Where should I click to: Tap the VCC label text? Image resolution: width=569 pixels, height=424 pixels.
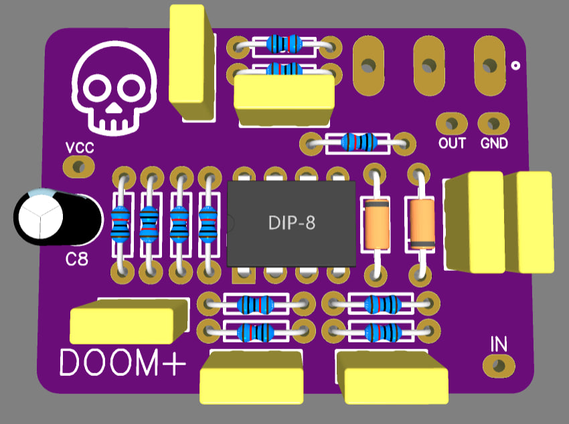pos(80,147)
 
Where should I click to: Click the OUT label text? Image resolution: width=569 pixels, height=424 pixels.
pos(452,143)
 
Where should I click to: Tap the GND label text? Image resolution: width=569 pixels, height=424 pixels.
pos(494,143)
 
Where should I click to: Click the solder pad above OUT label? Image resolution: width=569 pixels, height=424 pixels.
pos(451,124)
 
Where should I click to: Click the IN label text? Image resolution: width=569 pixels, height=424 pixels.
pos(499,344)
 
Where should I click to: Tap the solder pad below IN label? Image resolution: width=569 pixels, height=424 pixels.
pos(498,365)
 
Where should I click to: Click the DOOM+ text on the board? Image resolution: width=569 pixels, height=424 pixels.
pos(122,363)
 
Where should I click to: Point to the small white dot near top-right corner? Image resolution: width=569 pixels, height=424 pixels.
pos(515,66)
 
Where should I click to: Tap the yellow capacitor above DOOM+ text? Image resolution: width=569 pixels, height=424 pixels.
pos(129,321)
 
